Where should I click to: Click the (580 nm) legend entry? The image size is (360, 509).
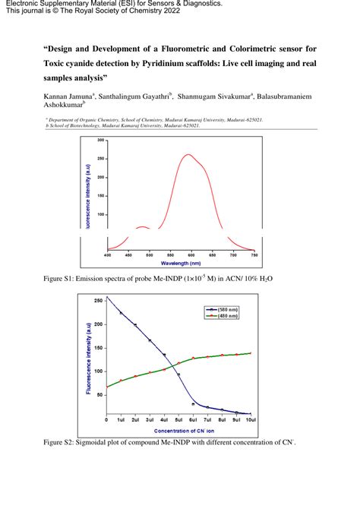point(225,309)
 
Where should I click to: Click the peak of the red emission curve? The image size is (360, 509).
point(189,155)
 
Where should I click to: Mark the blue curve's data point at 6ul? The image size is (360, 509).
point(193,403)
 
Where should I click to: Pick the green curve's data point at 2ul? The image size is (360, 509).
point(135,376)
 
